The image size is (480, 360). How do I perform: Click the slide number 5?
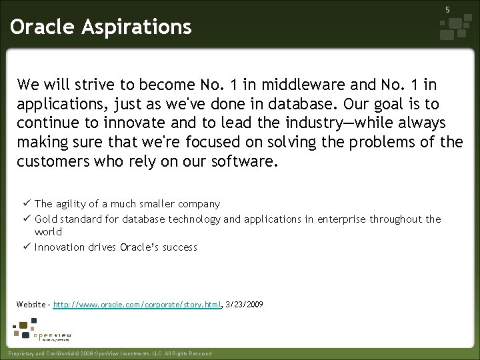447,10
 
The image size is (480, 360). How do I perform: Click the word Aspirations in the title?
139,27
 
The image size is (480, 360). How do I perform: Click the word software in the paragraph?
242,162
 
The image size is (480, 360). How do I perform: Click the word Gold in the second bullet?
45,219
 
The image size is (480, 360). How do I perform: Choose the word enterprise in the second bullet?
342,219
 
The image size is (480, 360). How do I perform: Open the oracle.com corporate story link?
137,305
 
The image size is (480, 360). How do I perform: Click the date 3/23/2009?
244,305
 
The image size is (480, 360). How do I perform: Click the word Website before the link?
31,305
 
